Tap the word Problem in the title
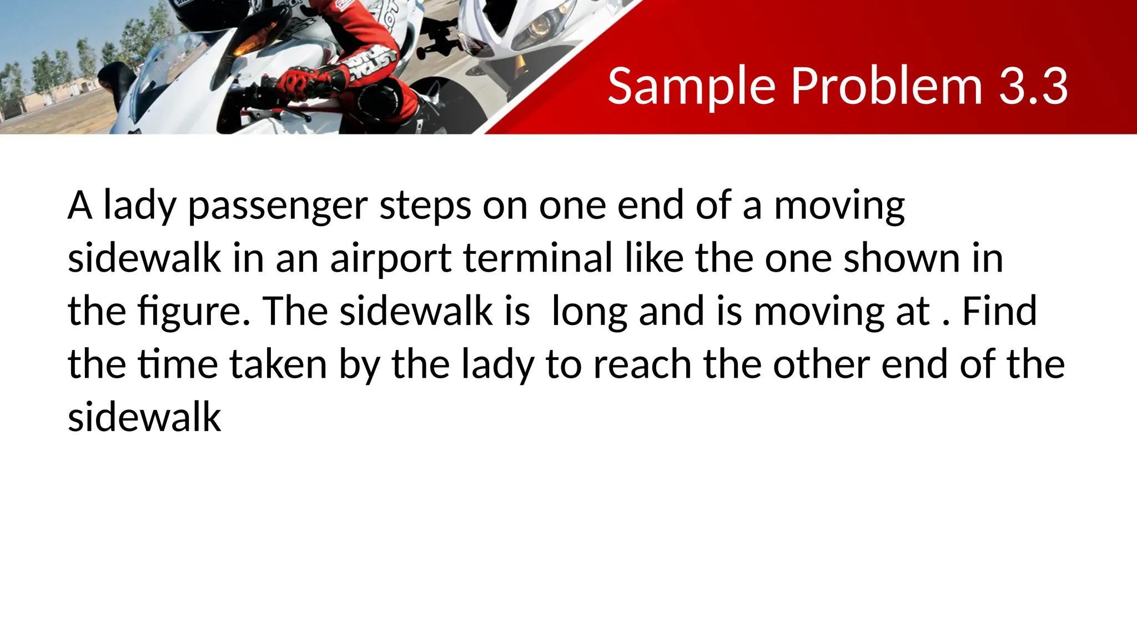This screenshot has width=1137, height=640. point(887,87)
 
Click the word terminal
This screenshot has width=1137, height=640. point(538,258)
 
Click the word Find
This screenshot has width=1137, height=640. point(999,311)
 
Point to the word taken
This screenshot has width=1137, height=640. point(278,364)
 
